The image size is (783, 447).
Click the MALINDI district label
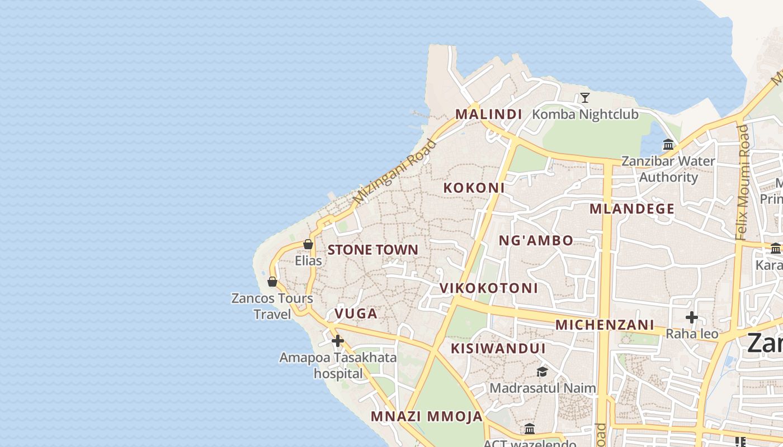point(488,114)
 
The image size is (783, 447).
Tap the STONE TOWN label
point(372,250)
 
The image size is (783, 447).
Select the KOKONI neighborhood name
point(474,188)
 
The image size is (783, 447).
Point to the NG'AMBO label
point(536,241)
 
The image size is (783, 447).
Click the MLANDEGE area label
point(632,209)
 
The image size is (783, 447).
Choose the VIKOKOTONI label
point(489,288)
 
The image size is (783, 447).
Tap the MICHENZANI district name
point(605,325)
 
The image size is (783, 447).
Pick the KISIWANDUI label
point(498,349)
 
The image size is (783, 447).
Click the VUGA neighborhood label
point(356,313)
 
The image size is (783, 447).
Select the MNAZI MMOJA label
point(426,416)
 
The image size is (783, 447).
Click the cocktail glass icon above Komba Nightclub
point(585,98)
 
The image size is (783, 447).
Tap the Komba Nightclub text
point(585,115)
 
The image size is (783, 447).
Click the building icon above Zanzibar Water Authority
point(668,145)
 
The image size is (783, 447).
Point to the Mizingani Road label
point(395,171)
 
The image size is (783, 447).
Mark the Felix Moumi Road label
point(742,182)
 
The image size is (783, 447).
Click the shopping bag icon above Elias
point(308,244)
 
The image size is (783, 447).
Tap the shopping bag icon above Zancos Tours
point(272,282)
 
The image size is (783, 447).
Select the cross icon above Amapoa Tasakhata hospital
point(338,340)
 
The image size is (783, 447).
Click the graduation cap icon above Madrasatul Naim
point(542,372)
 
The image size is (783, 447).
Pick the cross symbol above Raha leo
point(692,317)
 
